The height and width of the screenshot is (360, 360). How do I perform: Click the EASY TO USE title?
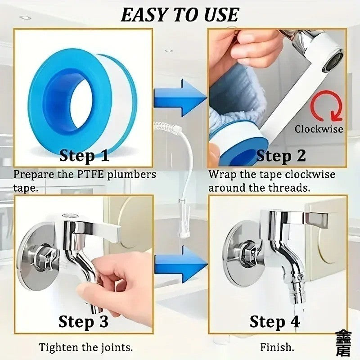click(180, 14)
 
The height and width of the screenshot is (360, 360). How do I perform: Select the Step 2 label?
click(281, 156)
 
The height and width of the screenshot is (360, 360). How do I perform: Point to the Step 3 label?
click(84, 322)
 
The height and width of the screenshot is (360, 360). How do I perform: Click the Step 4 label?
click(274, 322)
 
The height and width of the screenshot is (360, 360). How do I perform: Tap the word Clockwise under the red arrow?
click(319, 129)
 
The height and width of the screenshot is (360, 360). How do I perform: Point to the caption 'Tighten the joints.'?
click(85, 347)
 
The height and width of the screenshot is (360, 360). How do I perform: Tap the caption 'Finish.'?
click(277, 347)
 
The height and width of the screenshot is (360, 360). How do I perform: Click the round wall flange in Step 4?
click(241, 254)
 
